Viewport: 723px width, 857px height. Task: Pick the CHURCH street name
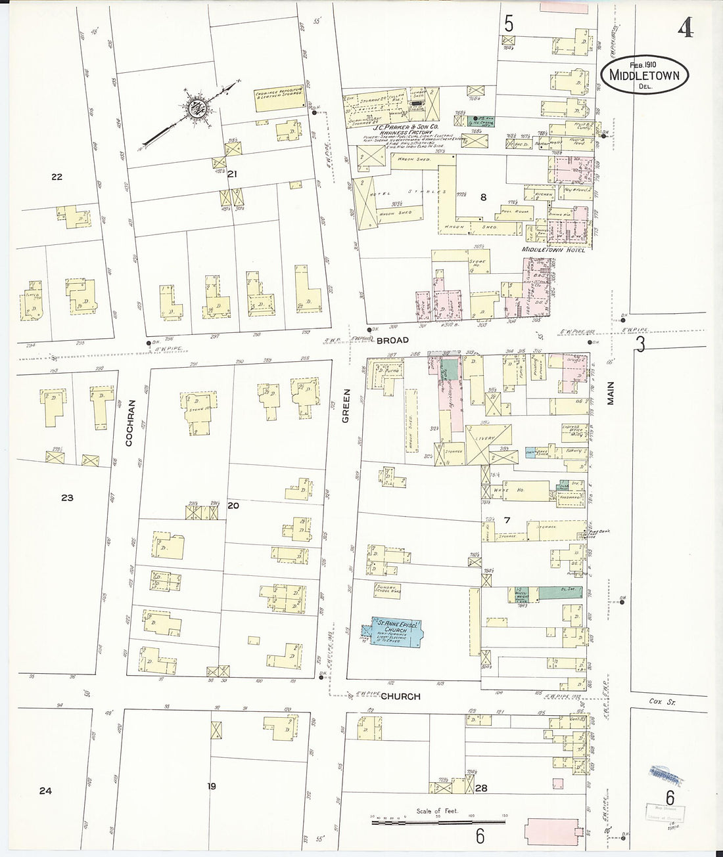(400, 696)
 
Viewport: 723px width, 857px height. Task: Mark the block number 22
(57, 177)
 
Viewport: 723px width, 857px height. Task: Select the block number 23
(67, 498)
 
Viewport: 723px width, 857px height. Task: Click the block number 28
(481, 788)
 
